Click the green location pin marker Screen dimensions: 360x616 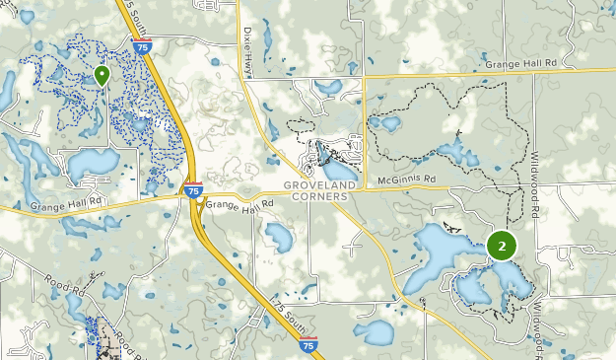[x=102, y=75]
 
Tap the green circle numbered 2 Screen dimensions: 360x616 [x=502, y=246]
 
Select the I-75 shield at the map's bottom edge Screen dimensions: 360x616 [x=308, y=346]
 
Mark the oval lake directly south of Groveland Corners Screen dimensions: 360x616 [x=278, y=237]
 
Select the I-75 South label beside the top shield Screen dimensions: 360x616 [x=125, y=20]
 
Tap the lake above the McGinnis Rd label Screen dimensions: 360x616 [x=456, y=153]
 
